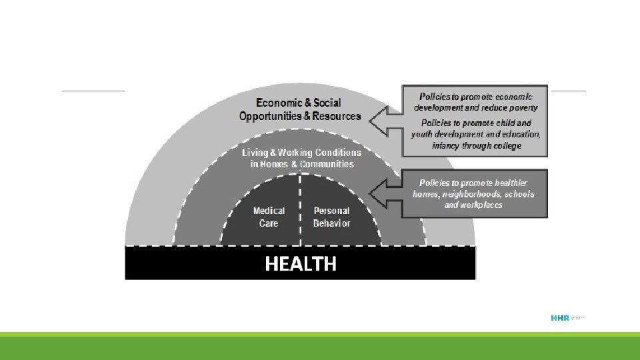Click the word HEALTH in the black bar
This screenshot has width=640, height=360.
(301, 264)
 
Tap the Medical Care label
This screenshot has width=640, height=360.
(269, 217)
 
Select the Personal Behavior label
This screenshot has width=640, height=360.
(331, 217)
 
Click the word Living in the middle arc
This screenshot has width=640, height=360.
(257, 153)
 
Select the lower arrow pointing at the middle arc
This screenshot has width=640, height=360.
(385, 193)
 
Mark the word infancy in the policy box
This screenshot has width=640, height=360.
(447, 145)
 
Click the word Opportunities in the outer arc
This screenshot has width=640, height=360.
(270, 116)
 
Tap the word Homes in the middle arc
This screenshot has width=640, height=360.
(275, 164)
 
